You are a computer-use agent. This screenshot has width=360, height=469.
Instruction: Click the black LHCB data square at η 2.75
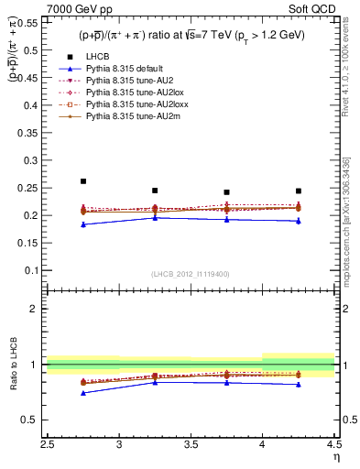click(83, 181)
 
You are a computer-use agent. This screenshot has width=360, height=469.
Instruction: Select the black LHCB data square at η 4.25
click(299, 191)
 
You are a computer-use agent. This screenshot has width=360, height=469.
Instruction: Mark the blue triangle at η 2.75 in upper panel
click(83, 224)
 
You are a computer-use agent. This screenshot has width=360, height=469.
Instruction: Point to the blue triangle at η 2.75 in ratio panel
click(83, 393)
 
